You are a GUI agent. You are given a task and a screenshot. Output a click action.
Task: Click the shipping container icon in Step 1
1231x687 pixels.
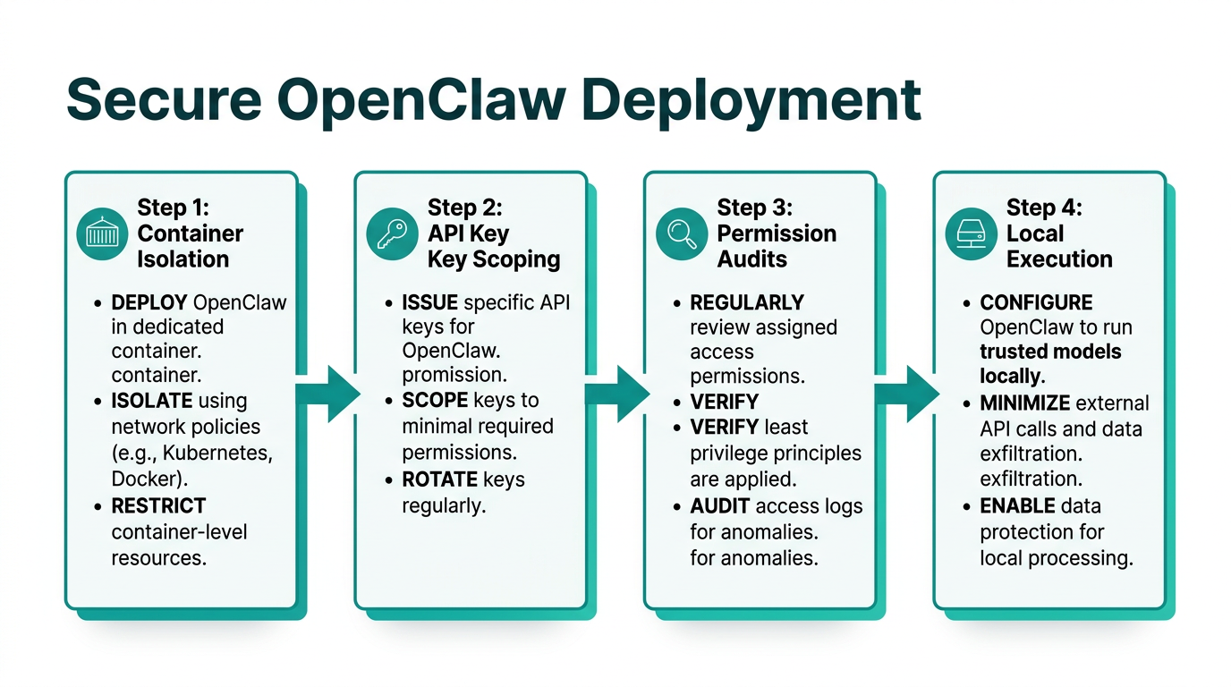point(102,234)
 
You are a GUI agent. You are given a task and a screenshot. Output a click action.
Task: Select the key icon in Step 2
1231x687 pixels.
point(392,234)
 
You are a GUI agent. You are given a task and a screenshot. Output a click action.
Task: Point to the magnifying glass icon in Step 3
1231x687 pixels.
point(682,234)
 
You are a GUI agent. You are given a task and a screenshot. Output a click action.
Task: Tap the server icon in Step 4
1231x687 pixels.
point(971,234)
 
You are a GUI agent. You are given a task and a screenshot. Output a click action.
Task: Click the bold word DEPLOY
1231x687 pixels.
point(149,302)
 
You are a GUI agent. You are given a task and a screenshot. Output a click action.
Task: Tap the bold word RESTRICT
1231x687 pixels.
point(158,505)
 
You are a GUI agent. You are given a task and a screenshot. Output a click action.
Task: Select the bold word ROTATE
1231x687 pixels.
point(443,479)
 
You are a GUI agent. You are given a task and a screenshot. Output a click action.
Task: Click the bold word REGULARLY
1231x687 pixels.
point(747,302)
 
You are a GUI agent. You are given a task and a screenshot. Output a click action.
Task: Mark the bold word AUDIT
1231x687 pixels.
point(720,506)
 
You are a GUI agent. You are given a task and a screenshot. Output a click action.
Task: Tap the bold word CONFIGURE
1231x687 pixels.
point(1036,302)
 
